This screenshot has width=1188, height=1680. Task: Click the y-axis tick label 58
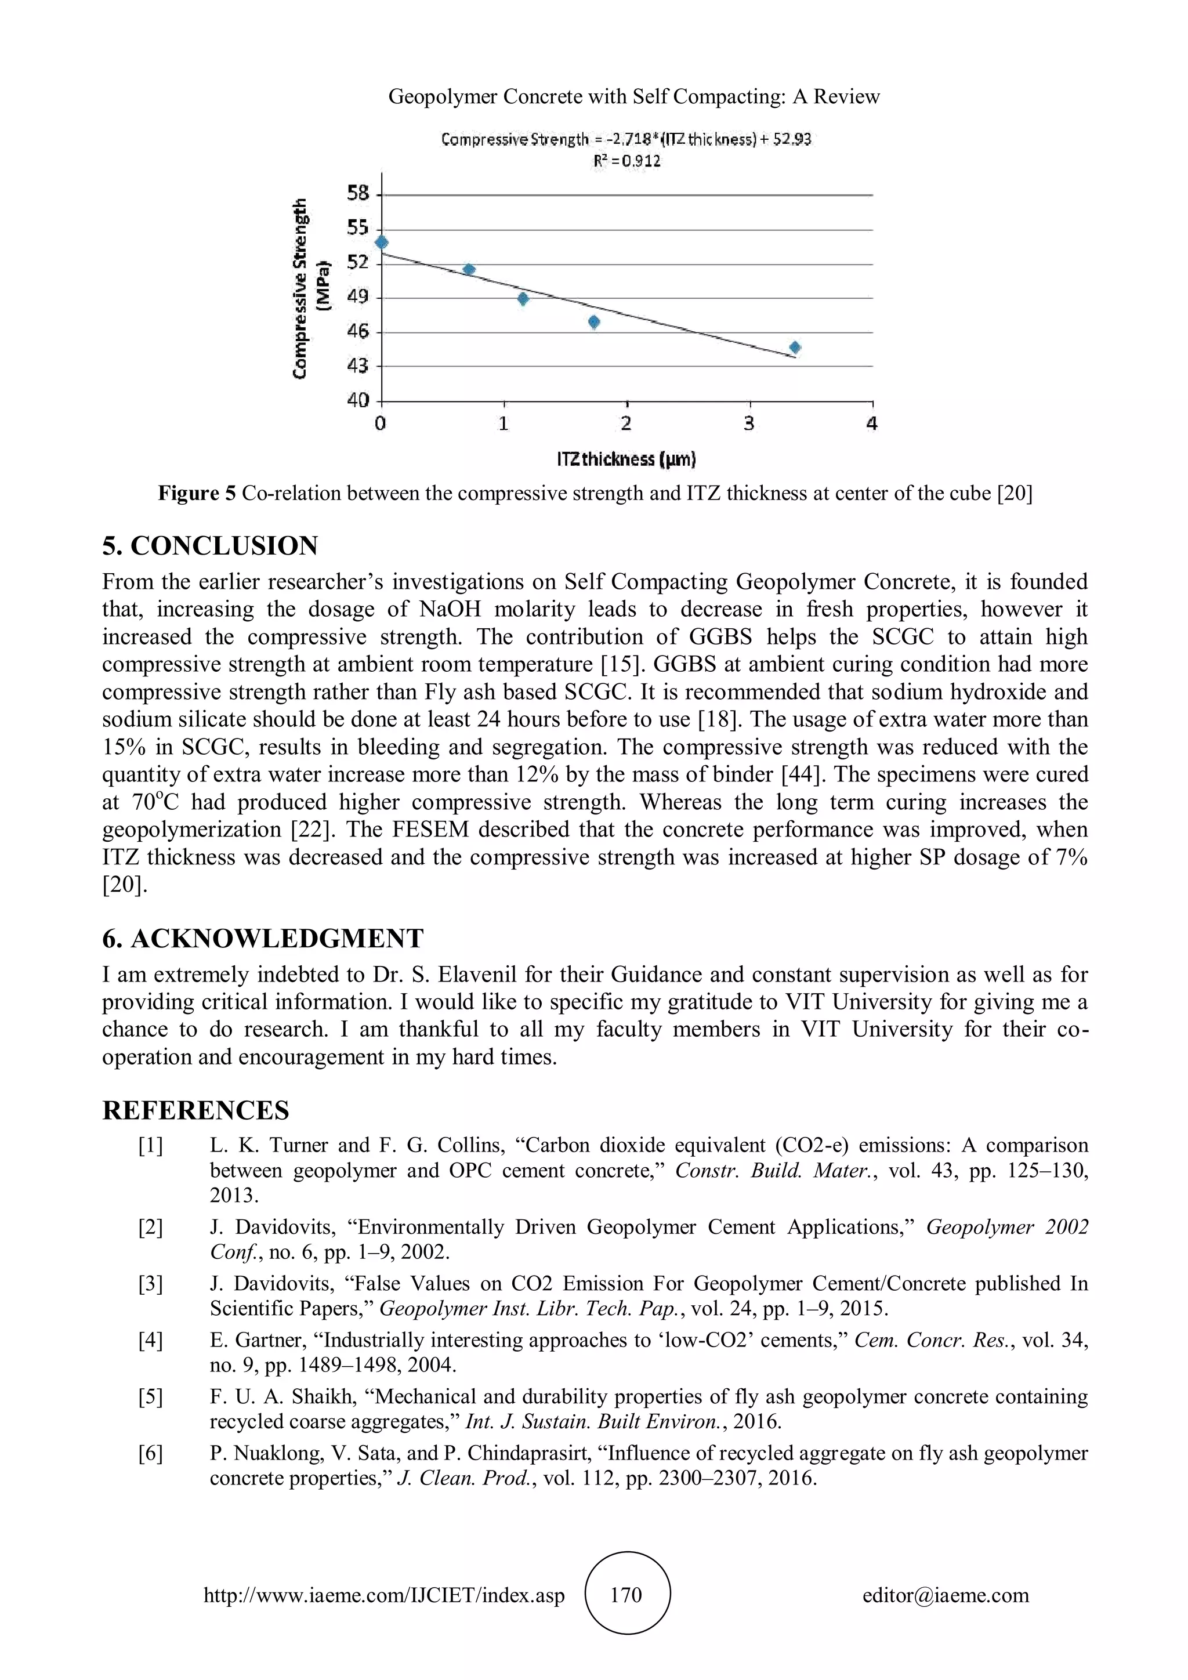[358, 193]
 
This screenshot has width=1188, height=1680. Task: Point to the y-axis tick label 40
[358, 400]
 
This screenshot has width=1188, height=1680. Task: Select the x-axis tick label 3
[749, 423]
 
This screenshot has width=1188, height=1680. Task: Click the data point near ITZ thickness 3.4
[795, 347]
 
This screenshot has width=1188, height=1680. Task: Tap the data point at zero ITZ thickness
[381, 242]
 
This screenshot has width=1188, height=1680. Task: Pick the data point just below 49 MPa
[522, 299]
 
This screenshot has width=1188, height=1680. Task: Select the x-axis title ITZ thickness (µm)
[626, 459]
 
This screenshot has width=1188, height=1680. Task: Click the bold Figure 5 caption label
[197, 494]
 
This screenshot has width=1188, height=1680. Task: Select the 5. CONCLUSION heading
[210, 546]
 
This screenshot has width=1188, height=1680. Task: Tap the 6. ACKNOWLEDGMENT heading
[263, 939]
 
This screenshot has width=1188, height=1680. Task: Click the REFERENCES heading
[195, 1110]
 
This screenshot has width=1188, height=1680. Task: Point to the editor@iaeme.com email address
[945, 1595]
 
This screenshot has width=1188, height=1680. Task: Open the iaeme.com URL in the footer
[384, 1595]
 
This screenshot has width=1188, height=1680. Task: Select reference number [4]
[151, 1341]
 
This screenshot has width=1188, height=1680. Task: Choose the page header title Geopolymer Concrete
[633, 96]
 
